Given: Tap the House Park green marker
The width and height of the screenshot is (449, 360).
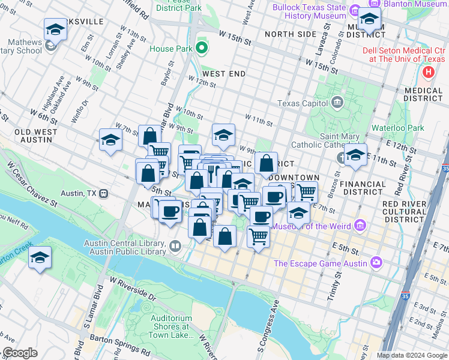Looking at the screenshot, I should pyautogui.click(x=202, y=48).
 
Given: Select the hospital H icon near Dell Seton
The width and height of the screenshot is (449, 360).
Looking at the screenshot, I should pyautogui.click(x=429, y=73).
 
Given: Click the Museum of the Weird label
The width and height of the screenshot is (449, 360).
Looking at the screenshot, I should pyautogui.click(x=312, y=226).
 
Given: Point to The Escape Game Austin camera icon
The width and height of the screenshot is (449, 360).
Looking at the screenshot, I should pyautogui.click(x=376, y=262).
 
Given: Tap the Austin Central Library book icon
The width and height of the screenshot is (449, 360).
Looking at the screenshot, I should pyautogui.click(x=175, y=245).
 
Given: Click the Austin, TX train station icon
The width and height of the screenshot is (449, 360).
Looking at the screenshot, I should pyautogui.click(x=103, y=194).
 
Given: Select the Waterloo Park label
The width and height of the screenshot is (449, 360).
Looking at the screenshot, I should pyautogui.click(x=398, y=128).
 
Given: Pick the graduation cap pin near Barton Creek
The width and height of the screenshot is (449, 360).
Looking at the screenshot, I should pyautogui.click(x=40, y=257).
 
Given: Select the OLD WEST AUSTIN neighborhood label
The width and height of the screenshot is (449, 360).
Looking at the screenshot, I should pyautogui.click(x=36, y=136).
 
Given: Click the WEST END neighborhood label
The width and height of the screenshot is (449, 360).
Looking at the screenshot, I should pyautogui.click(x=223, y=73).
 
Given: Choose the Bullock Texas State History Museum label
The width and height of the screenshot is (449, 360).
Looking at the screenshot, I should pyautogui.click(x=309, y=12).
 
